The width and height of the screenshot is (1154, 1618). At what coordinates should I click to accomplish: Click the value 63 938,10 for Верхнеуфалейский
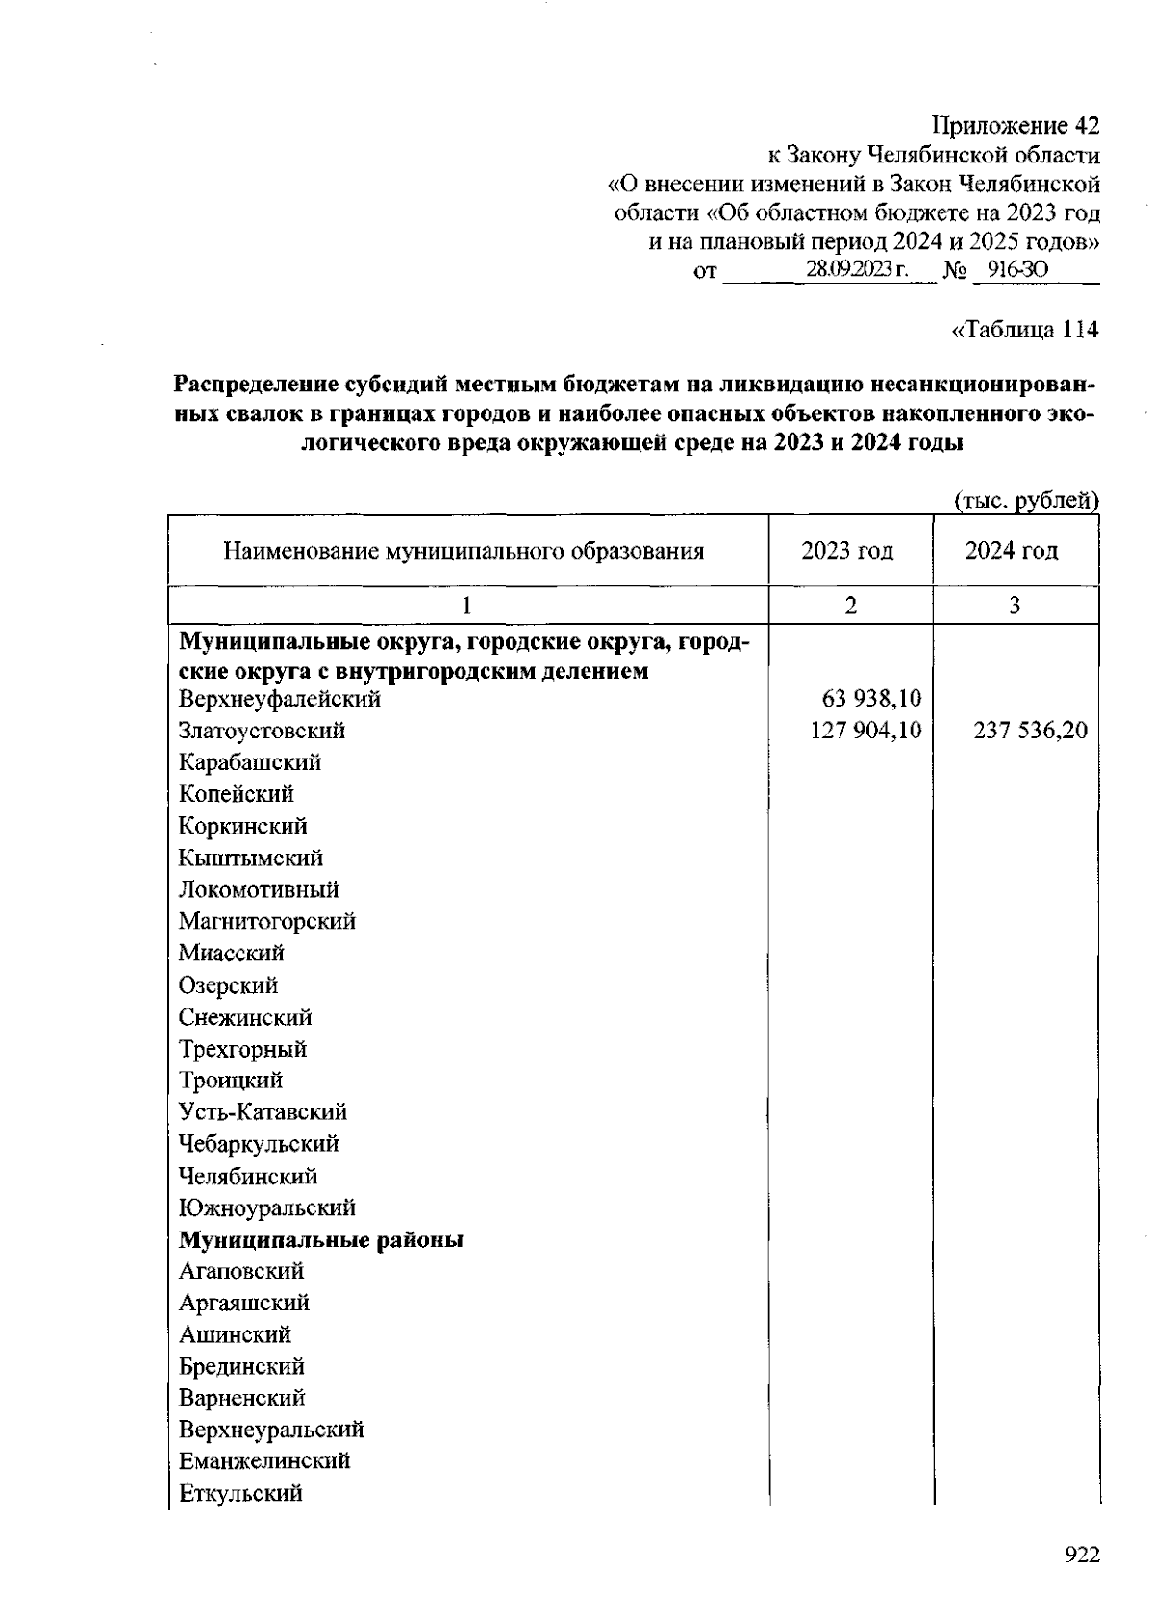(x=872, y=699)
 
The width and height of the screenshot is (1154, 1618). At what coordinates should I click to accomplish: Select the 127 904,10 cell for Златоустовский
(x=866, y=731)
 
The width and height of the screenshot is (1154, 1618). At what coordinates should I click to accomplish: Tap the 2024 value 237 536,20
(x=1030, y=731)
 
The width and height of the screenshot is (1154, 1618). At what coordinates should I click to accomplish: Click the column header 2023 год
(x=847, y=551)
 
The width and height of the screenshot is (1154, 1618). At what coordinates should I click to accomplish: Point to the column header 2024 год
(x=1012, y=551)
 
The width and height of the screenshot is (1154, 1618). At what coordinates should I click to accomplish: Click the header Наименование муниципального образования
(x=464, y=551)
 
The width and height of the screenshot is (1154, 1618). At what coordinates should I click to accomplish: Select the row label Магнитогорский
(x=267, y=921)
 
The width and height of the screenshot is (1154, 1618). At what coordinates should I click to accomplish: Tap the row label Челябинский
(x=248, y=1176)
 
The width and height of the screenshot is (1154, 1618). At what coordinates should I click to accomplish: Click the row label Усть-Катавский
(x=263, y=1112)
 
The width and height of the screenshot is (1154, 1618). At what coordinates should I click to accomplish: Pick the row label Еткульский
(x=240, y=1493)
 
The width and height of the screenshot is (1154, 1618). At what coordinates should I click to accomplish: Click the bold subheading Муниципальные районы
(x=321, y=1240)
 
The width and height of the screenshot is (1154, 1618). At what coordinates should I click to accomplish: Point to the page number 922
(x=1082, y=1556)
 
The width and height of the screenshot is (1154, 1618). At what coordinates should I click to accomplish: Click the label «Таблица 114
(x=1024, y=330)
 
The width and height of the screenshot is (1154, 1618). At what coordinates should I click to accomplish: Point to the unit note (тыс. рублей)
(x=1026, y=500)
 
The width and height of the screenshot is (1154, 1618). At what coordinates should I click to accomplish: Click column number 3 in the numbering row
(x=1015, y=605)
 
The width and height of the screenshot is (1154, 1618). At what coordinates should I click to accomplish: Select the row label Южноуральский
(x=267, y=1207)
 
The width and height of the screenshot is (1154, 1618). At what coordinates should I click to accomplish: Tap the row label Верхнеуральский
(x=271, y=1430)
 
